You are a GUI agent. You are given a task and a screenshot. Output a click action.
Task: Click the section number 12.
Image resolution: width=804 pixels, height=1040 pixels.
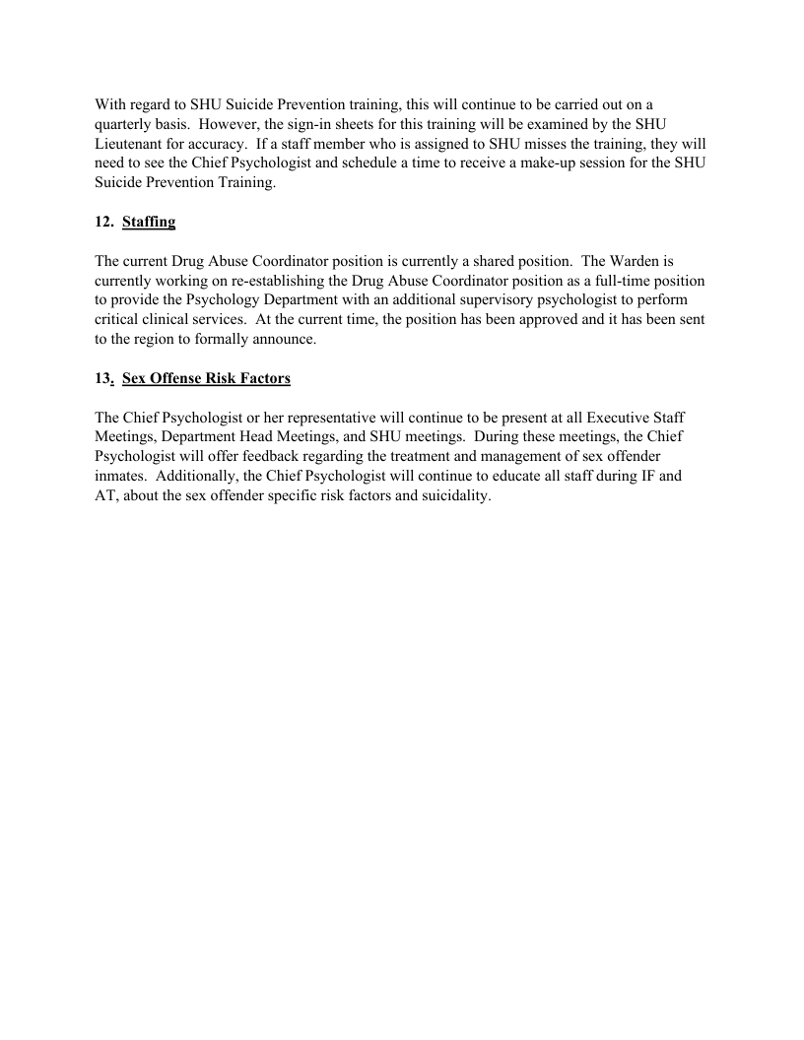pos(103,223)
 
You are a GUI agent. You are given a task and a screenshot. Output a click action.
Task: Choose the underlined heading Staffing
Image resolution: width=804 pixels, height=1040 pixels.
pos(149,223)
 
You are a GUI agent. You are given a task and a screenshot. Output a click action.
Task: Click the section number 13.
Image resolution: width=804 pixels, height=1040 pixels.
pos(103,379)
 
